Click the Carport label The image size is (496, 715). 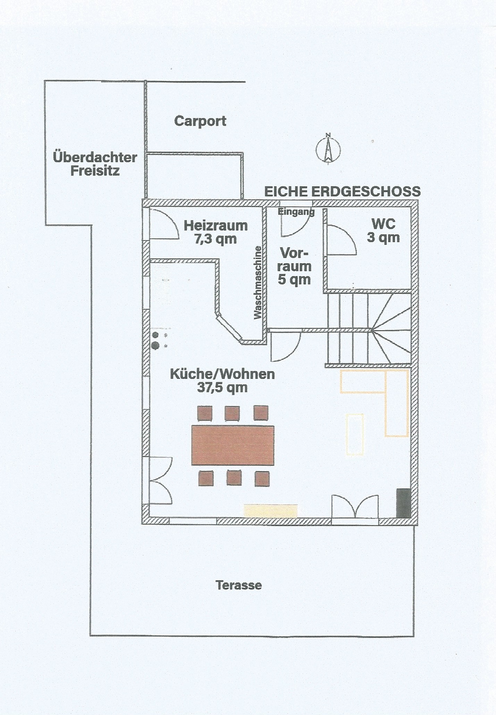coord(200,121)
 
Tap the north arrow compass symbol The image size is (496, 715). coord(328,150)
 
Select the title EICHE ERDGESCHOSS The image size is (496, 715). coord(342,192)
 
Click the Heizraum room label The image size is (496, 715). coord(216,226)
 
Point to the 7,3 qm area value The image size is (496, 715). coord(216,239)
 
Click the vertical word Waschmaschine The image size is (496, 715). coord(258,282)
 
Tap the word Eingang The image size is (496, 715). coord(296,211)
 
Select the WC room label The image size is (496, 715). coord(383,224)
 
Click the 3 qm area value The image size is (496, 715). coord(383,238)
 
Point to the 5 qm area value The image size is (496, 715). coord(294,280)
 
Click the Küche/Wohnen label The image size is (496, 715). coord(222,374)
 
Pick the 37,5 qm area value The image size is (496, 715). coord(222,388)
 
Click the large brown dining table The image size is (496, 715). coord(233,445)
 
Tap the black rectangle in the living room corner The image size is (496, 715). coord(404,503)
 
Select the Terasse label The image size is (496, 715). coord(238,585)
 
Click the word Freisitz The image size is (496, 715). coord(95,171)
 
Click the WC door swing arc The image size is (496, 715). coord(344,240)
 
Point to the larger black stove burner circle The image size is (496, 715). coord(155,346)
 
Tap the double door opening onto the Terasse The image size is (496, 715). coord(355,507)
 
